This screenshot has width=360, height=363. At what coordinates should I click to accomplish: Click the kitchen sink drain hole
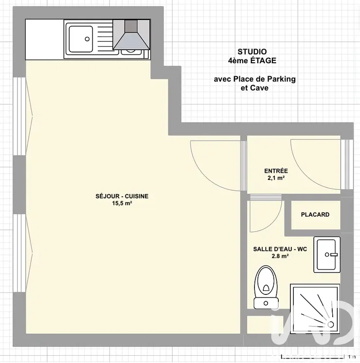(87, 39)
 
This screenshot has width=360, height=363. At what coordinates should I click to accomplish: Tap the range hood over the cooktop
(131, 35)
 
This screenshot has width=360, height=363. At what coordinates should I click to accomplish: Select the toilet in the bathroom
(266, 287)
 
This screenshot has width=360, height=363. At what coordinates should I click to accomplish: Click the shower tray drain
(331, 325)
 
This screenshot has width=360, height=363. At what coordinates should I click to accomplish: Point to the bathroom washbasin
(327, 254)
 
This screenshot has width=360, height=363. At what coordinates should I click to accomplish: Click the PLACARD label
(315, 215)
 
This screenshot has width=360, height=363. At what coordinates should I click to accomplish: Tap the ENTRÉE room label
(276, 171)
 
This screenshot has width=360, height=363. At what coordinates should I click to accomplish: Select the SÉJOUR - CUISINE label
(122, 196)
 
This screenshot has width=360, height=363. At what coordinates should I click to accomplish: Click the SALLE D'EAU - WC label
(280, 249)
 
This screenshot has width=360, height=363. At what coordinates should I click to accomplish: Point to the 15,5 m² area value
(122, 203)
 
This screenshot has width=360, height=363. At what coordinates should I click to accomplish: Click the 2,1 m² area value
(276, 178)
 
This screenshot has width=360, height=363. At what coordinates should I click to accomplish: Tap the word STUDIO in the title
(252, 52)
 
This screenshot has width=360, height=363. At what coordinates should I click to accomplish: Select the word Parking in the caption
(281, 79)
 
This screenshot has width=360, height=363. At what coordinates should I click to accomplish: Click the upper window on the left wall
(19, 116)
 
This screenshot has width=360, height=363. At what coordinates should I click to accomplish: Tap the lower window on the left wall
(19, 253)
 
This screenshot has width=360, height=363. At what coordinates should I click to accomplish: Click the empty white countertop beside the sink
(44, 39)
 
